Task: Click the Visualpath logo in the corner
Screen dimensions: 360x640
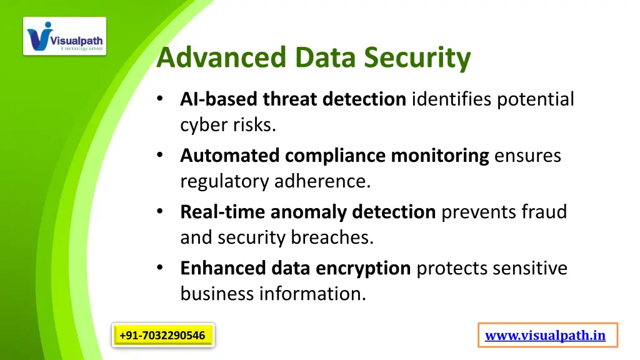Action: (x=65, y=36)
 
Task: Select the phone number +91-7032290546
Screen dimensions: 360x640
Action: (x=162, y=336)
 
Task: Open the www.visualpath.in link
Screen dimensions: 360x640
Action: (x=545, y=336)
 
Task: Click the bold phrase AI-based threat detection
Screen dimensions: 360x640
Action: (x=292, y=99)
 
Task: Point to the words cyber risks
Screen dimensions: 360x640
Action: (x=227, y=125)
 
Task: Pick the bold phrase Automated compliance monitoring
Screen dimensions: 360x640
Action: (x=334, y=156)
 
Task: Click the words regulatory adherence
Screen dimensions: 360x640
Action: (x=275, y=181)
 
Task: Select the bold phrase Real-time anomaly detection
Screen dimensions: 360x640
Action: (x=307, y=212)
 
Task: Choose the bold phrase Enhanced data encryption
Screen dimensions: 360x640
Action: (x=295, y=268)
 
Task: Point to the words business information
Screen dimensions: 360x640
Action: (x=273, y=294)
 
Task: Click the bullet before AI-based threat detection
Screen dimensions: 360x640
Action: (x=161, y=99)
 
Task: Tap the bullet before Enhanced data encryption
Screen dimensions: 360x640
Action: (x=161, y=268)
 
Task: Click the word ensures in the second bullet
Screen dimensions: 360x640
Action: (x=527, y=156)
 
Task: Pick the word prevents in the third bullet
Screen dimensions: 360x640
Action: (x=479, y=212)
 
